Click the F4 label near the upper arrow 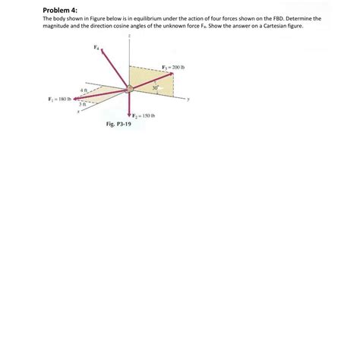96,47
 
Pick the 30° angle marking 155,89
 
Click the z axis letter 130,36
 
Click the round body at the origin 130,89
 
